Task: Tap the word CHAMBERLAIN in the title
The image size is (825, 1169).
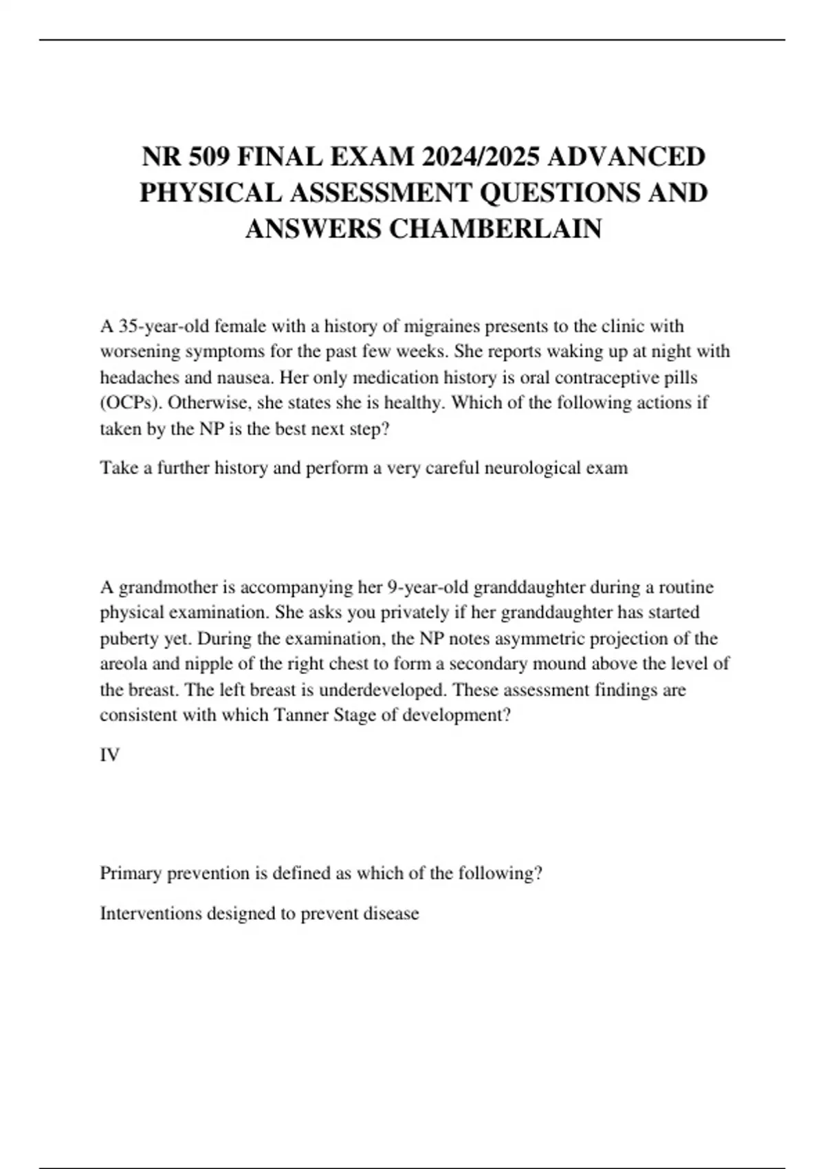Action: [x=496, y=228]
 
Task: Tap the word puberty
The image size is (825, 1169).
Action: [x=129, y=638]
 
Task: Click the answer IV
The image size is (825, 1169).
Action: [x=110, y=754]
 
